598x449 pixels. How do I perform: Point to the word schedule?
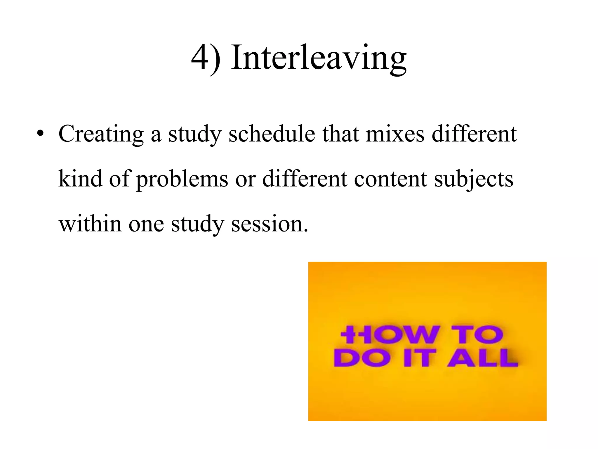tap(272, 134)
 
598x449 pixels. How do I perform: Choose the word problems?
tap(182, 179)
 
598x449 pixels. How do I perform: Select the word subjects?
tap(473, 179)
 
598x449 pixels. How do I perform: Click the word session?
tap(269, 224)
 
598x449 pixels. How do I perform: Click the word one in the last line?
tap(146, 224)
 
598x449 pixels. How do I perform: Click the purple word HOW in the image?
tap(390, 335)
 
